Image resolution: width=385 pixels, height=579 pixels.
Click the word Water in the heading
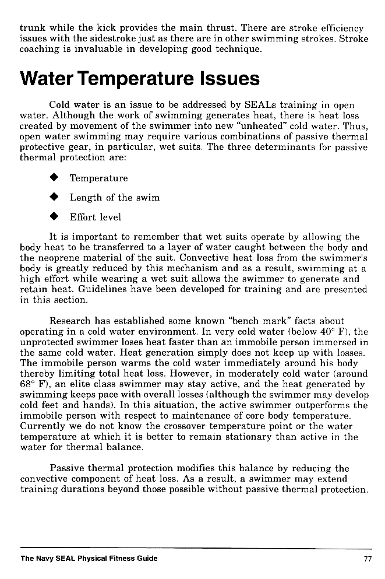coord(47,79)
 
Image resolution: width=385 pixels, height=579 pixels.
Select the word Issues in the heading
coord(227,79)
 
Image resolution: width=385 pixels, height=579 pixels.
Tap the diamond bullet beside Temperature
coord(55,178)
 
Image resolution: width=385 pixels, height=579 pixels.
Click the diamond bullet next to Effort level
coord(55,217)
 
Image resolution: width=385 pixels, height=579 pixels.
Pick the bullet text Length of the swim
coord(115,198)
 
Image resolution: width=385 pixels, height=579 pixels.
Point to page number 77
coord(367,559)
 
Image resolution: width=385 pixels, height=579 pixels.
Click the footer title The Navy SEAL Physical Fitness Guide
coord(89,559)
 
